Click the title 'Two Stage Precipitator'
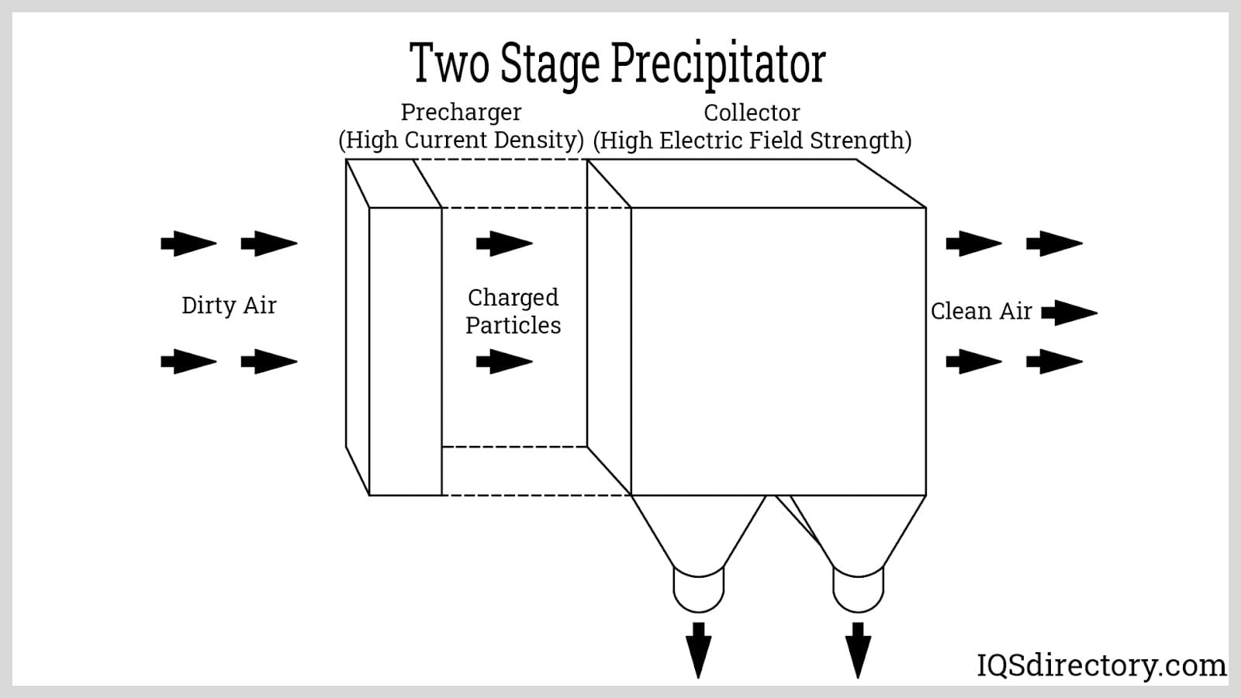617,64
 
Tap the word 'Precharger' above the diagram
461,112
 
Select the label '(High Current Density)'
461,140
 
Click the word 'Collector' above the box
752,113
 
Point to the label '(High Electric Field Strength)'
752,141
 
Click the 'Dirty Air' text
229,306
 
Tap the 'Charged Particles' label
513,311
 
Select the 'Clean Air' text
981,312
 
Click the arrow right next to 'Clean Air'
1069,313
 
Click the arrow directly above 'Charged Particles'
504,244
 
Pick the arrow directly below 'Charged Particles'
504,361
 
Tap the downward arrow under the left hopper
699,649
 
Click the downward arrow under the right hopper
858,649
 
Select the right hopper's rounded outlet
858,591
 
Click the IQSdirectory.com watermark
1101,665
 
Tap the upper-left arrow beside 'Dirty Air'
188,244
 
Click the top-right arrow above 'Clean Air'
1054,244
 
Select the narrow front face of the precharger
406,351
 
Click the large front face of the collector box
778,351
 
